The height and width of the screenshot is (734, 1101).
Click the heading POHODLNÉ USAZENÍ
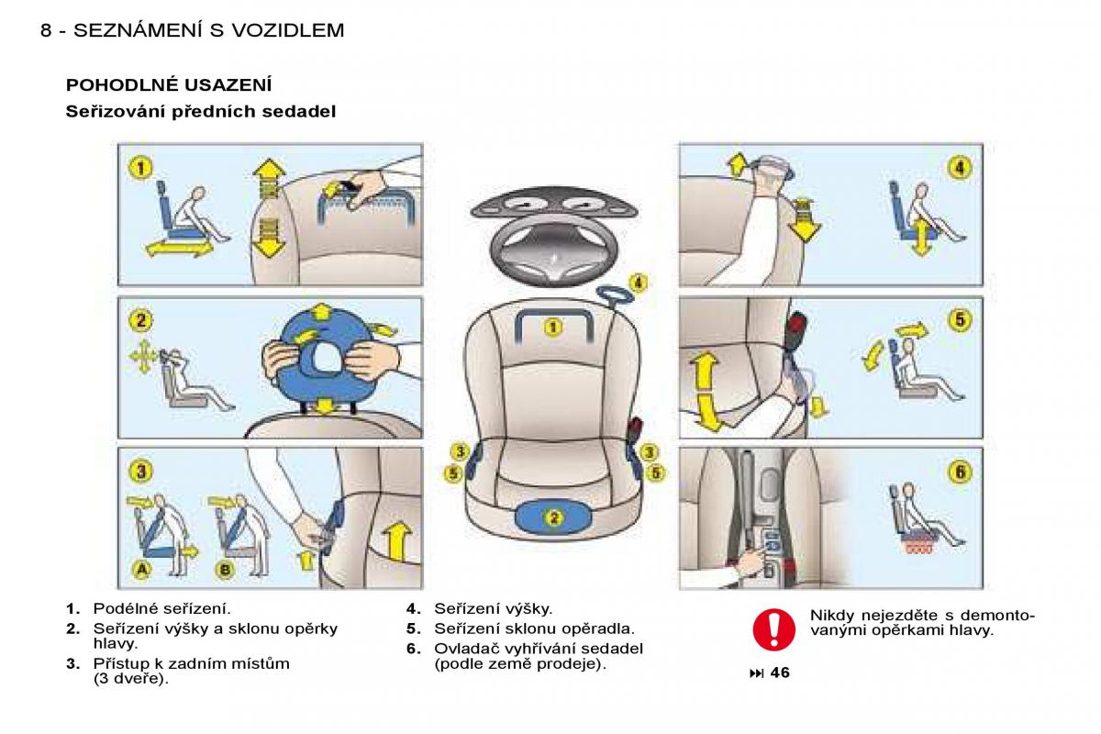[x=169, y=85]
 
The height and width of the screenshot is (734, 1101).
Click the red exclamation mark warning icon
[x=773, y=628]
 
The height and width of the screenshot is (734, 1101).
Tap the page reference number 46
[x=779, y=673]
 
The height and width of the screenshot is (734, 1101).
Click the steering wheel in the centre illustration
[x=550, y=250]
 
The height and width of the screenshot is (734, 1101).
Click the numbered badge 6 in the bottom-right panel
[x=959, y=472]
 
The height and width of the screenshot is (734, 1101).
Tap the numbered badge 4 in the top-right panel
[x=959, y=167]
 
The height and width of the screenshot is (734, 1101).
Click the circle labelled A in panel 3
[x=142, y=570]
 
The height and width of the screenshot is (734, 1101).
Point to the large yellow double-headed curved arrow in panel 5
[x=703, y=393]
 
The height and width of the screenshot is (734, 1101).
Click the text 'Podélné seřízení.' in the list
[x=161, y=608]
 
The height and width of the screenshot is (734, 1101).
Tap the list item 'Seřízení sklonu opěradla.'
[x=534, y=628]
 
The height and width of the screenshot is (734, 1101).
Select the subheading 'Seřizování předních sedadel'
[x=201, y=112]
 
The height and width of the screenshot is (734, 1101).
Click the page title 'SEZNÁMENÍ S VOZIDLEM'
[x=208, y=30]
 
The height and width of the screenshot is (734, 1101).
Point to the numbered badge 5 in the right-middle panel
[x=959, y=319]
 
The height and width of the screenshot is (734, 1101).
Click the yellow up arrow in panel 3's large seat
[x=396, y=539]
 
